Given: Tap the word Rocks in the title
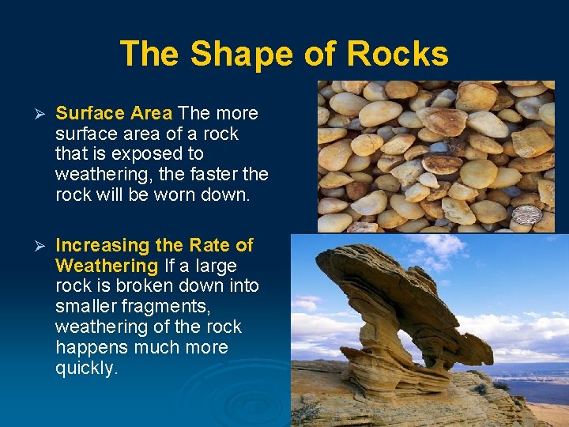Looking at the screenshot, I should click(x=398, y=55).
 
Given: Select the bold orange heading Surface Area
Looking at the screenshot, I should click(x=114, y=113).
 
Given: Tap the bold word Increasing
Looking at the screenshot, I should click(x=103, y=245).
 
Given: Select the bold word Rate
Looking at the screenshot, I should click(x=212, y=245).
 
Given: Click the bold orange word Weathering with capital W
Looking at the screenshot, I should click(x=107, y=266).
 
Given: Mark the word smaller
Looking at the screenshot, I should click(x=85, y=307).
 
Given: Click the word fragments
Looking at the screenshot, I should click(x=173, y=307).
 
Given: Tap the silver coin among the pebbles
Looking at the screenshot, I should click(x=526, y=214).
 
